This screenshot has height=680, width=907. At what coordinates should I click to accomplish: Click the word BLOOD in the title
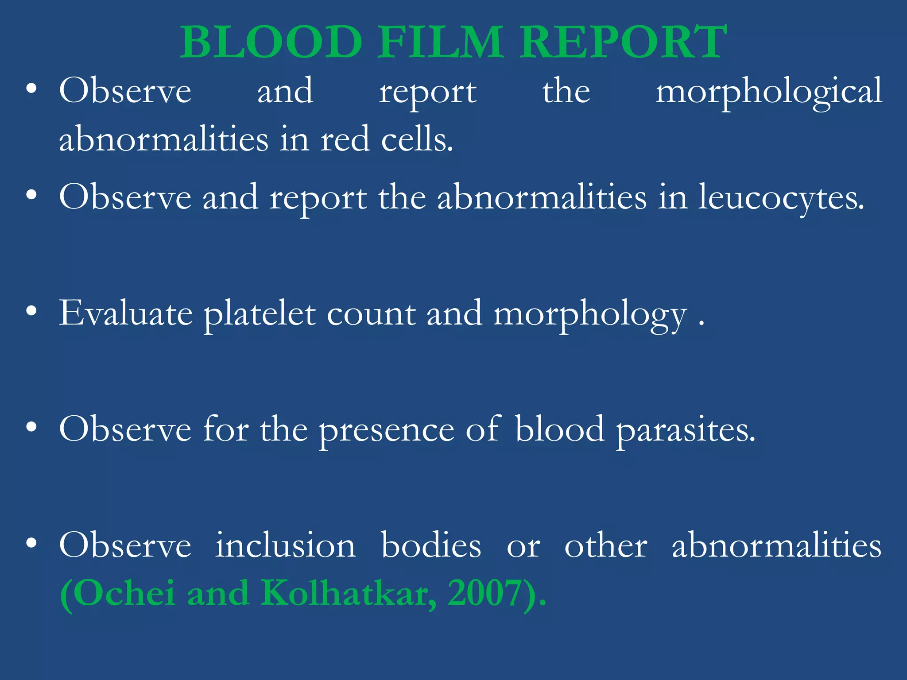click(x=271, y=42)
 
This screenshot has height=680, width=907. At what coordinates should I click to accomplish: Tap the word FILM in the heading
click(x=440, y=42)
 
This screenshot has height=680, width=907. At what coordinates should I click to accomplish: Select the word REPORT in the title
click(x=623, y=42)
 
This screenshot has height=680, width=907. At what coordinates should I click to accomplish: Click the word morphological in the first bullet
click(x=769, y=92)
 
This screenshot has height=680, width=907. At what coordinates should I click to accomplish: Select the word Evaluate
click(x=126, y=313)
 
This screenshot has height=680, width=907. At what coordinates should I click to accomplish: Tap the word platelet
click(x=260, y=313)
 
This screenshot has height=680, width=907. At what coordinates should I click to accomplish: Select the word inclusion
click(x=285, y=545)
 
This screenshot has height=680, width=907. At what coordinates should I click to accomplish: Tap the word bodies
click(x=431, y=545)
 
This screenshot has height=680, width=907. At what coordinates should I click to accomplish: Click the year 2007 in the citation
click(x=484, y=593)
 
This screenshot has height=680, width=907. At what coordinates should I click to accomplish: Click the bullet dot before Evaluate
click(x=31, y=311)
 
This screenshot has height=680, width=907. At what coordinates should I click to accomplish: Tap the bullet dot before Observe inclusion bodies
click(x=31, y=543)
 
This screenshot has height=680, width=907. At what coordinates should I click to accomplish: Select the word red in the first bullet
click(x=345, y=139)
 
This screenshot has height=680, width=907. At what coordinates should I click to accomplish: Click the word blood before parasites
click(x=559, y=429)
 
